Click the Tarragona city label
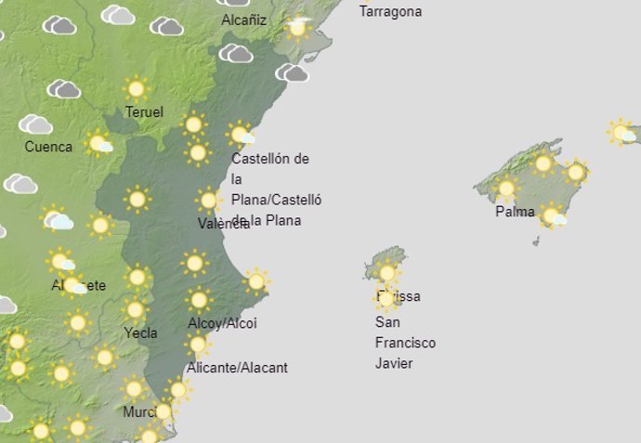390,12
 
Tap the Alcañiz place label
244,20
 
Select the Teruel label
145,112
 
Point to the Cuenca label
48,147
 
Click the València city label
224,224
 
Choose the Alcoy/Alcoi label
222,323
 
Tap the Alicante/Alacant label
237,368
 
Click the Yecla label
140,332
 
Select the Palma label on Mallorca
515,212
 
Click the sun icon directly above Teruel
137,89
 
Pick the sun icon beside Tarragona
297,28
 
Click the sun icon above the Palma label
506,189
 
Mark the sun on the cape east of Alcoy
256,280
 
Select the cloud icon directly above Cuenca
36,124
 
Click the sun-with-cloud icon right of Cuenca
98,143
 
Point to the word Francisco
405,343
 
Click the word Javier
394,363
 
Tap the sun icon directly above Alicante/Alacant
198,345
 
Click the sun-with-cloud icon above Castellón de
242,135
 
